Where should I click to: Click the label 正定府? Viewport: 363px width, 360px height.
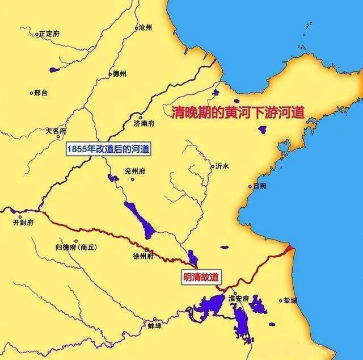pyautogui.click(x=49, y=34)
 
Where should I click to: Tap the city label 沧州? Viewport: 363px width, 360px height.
pyautogui.click(x=146, y=27)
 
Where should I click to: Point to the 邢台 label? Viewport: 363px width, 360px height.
pyautogui.click(x=41, y=93)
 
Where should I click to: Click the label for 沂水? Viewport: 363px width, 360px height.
pyautogui.click(x=222, y=167)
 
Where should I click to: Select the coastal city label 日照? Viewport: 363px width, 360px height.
pyautogui.click(x=259, y=186)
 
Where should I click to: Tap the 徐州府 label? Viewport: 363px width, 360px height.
pyautogui.click(x=143, y=256)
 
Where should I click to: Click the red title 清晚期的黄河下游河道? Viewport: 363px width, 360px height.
pyautogui.click(x=238, y=112)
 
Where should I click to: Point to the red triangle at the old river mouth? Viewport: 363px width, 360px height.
pyautogui.click(x=289, y=248)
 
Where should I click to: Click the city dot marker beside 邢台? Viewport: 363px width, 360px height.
pyautogui.click(x=32, y=93)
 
